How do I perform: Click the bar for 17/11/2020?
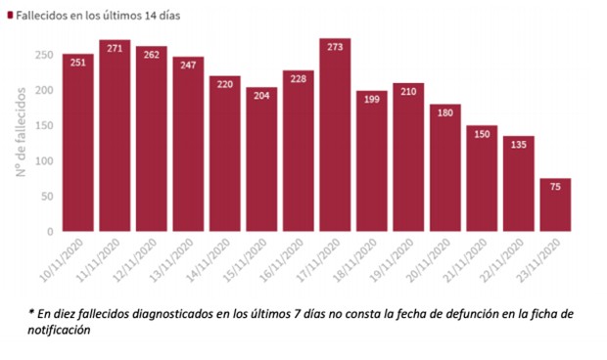click(x=335, y=137)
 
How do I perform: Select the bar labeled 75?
click(x=555, y=206)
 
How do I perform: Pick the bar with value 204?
click(x=261, y=160)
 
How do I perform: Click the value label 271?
click(x=115, y=47)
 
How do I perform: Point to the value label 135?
click(x=518, y=144)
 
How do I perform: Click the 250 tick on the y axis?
click(x=43, y=55)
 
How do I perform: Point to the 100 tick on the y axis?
click(x=43, y=161)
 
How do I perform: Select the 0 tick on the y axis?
click(x=49, y=232)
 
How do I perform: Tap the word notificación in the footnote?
click(x=60, y=330)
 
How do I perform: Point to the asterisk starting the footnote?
click(x=31, y=312)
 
